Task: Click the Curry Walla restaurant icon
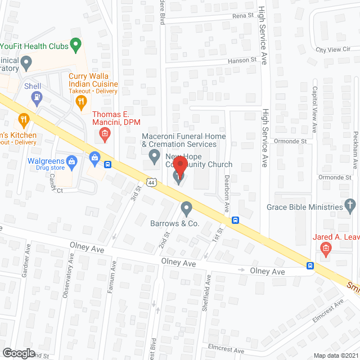click(x=82, y=101)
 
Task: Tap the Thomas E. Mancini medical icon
click(x=104, y=134)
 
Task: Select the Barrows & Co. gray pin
click(x=187, y=209)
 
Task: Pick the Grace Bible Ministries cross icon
click(x=350, y=205)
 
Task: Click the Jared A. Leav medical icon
click(x=325, y=248)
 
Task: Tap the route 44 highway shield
click(x=151, y=182)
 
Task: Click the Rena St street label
click(x=243, y=16)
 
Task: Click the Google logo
click(x=19, y=353)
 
